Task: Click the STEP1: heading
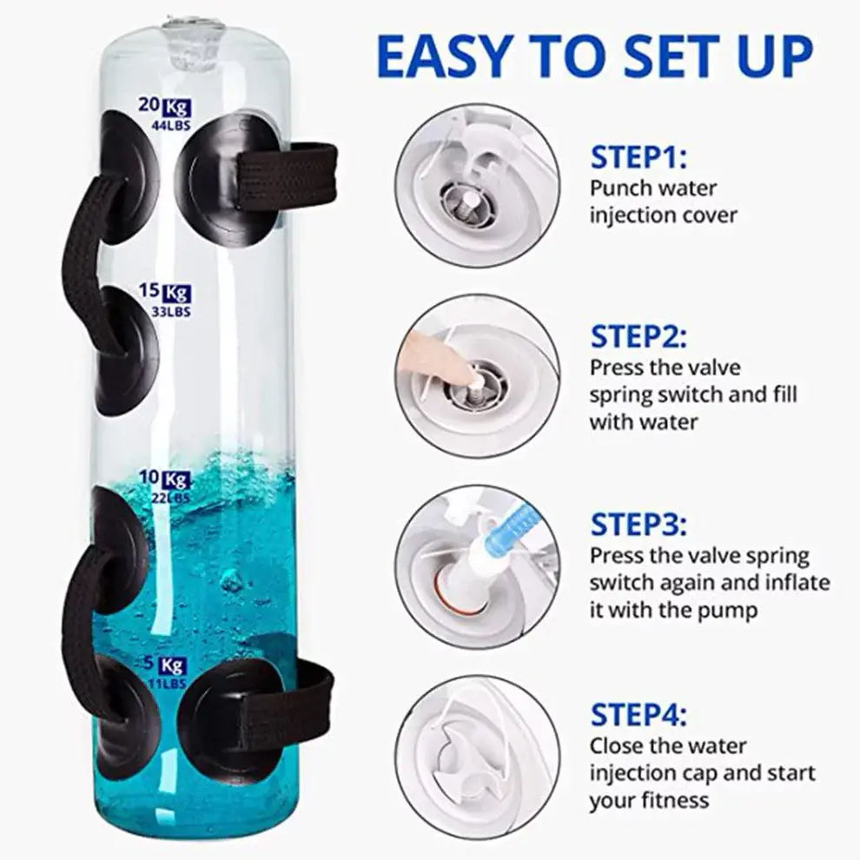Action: click(x=638, y=157)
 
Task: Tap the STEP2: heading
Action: click(x=638, y=336)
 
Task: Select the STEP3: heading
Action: click(x=638, y=525)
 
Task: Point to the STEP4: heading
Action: click(x=638, y=715)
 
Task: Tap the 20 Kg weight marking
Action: click(x=164, y=106)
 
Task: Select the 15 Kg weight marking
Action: click(x=164, y=292)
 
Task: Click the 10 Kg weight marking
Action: click(x=164, y=480)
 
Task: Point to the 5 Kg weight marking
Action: click(x=165, y=665)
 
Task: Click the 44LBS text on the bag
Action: click(x=170, y=126)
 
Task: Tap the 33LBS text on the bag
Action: click(x=170, y=312)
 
